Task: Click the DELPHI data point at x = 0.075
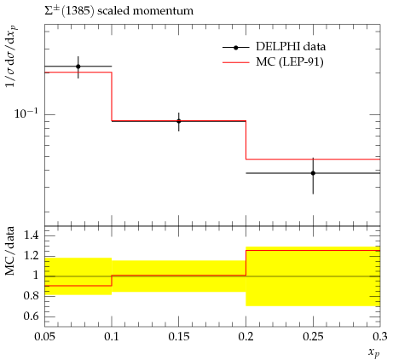click(78, 67)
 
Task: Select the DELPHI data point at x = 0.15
click(179, 121)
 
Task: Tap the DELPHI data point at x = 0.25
click(313, 173)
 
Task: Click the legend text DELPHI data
click(291, 46)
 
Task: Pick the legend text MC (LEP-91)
click(290, 61)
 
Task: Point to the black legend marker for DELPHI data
click(236, 48)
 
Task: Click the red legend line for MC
click(236, 62)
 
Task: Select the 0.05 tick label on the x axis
click(44, 337)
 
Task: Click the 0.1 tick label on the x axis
click(112, 337)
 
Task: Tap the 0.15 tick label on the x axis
click(179, 337)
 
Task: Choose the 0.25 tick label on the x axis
click(313, 337)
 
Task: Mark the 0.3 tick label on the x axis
click(380, 337)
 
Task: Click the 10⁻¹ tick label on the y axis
click(26, 113)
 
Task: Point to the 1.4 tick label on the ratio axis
click(31, 235)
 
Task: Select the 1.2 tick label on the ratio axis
click(31, 256)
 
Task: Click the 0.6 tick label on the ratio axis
click(31, 316)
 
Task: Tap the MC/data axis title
click(9, 251)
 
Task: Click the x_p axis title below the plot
click(374, 352)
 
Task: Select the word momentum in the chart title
click(163, 11)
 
